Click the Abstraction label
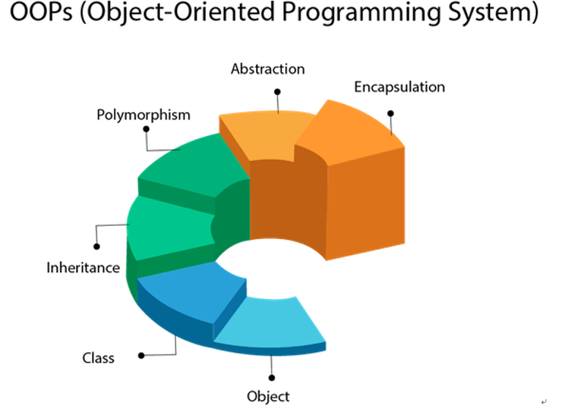pyautogui.click(x=268, y=69)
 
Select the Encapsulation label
pyautogui.click(x=399, y=87)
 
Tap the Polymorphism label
pyautogui.click(x=143, y=116)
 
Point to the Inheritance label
pyautogui.click(x=83, y=268)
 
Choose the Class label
pyautogui.click(x=98, y=358)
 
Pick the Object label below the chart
pyautogui.click(x=268, y=397)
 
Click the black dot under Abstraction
pyautogui.click(x=277, y=92)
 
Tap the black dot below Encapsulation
pyautogui.click(x=390, y=113)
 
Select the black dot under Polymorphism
pyautogui.click(x=146, y=129)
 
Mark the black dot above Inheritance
pyautogui.click(x=97, y=246)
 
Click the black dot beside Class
pyautogui.click(x=142, y=355)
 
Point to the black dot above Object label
pyautogui.click(x=272, y=377)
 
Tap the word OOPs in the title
pyautogui.click(x=41, y=12)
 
